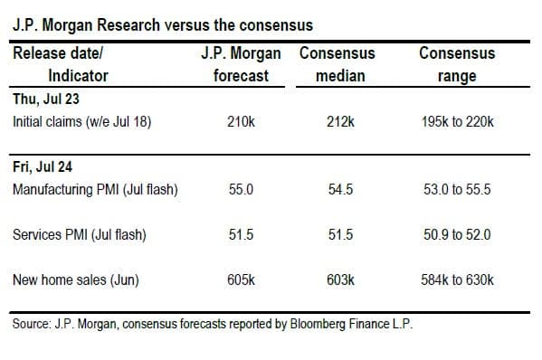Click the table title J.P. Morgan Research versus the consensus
163,25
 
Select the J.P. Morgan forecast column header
241,64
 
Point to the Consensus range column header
457,64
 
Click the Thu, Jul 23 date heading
46,99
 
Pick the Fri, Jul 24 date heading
43,166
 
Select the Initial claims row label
82,122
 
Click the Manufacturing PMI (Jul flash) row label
95,190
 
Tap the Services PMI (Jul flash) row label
80,235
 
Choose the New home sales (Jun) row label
76,279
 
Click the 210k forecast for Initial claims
241,121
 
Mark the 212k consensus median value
340,121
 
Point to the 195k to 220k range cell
457,121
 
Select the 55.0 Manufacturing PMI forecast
241,189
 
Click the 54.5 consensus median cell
340,189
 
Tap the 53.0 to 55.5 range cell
457,189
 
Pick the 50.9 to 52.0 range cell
457,234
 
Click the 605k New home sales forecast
241,279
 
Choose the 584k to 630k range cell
457,279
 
